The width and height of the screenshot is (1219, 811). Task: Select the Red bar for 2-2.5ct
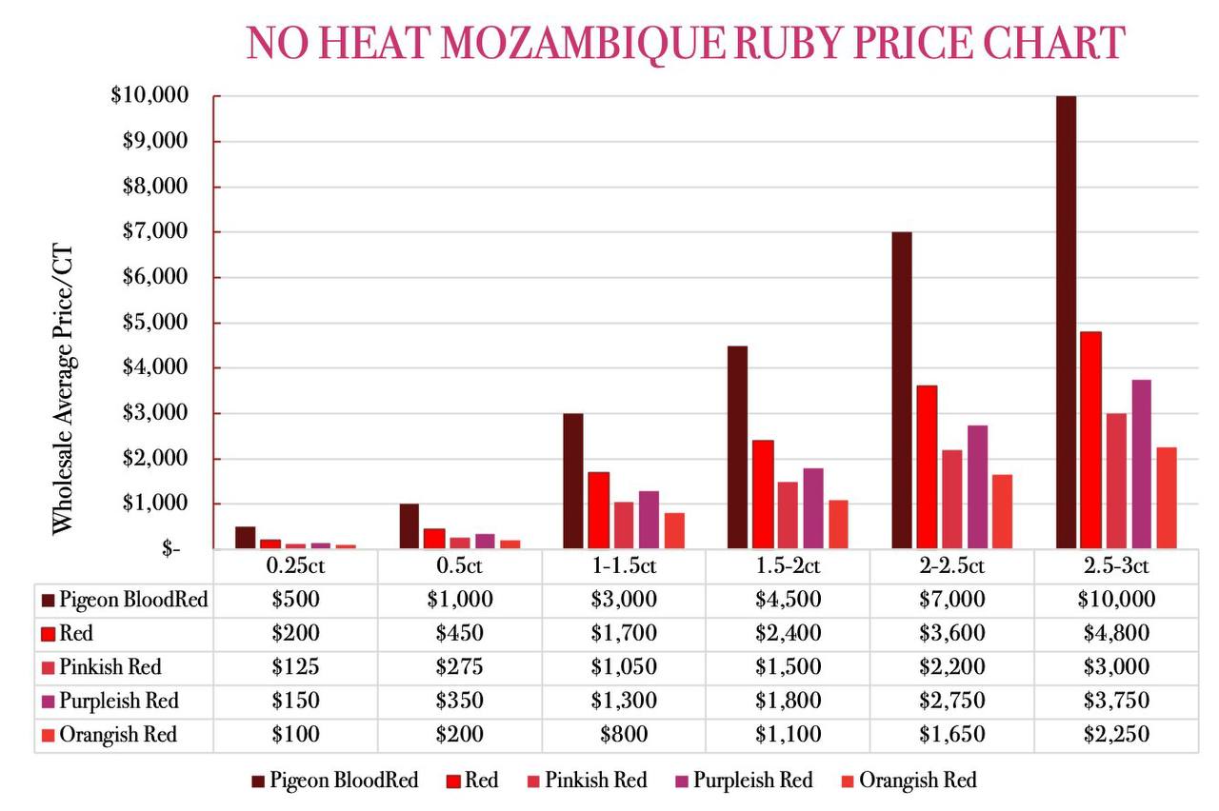927,466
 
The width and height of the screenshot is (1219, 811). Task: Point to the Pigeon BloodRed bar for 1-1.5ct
572,481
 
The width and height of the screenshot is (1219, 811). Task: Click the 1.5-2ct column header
788,567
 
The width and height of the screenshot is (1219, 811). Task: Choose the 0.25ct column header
295,567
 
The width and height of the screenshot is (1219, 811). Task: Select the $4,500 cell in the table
788,599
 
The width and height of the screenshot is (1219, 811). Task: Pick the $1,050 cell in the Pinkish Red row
624,667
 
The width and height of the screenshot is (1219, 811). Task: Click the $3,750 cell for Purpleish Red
1116,702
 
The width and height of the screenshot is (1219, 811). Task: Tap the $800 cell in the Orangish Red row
624,735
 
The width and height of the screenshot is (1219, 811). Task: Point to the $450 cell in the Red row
460,633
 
